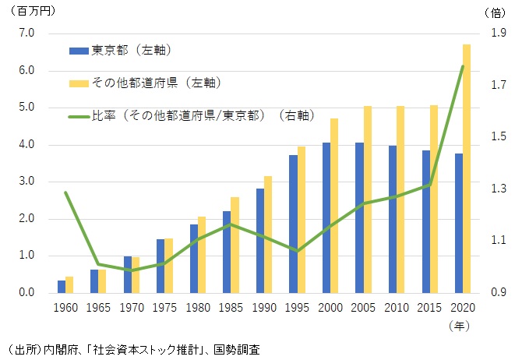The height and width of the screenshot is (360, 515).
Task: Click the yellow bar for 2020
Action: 467,168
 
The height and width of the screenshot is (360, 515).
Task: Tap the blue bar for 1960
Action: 62,287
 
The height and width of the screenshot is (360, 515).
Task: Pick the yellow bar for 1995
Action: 301,220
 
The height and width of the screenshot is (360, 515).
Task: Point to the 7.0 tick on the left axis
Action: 27,34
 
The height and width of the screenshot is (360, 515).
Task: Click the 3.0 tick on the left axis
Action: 27,182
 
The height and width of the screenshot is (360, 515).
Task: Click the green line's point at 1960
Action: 65,192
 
